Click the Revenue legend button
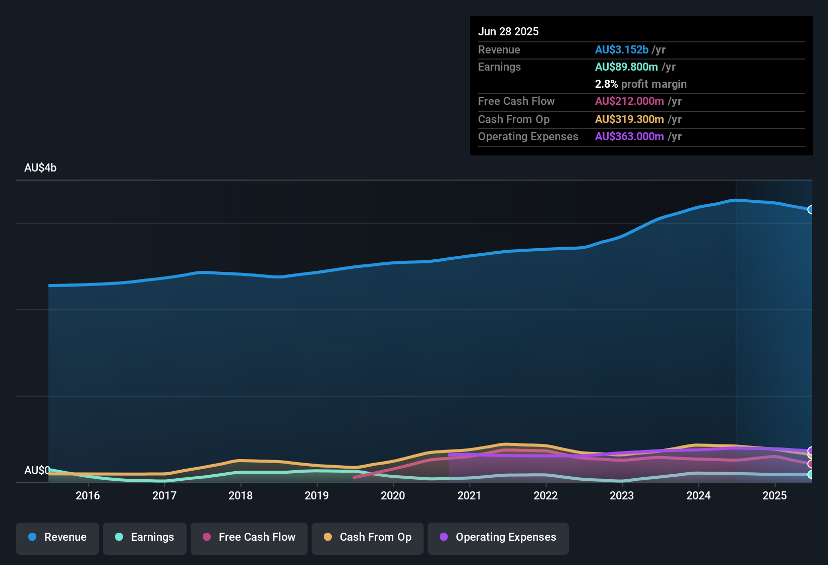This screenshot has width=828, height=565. pos(57,537)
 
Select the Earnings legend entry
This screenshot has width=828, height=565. pos(144,537)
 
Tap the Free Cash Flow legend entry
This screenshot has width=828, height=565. pos(249,537)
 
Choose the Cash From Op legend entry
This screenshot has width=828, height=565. pos(367,537)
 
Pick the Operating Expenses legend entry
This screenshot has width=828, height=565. pos(498,537)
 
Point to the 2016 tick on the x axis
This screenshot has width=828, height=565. pos(88,495)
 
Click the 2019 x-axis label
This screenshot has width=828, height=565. pos(317,495)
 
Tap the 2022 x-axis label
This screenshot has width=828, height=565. pos(546,495)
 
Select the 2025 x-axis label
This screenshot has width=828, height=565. pos(775,495)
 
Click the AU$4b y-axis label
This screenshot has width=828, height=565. pos(40,168)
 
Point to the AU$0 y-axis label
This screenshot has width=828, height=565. pos(37,470)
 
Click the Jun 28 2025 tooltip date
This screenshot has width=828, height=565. pos(508,32)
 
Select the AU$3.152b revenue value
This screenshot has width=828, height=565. pos(621,50)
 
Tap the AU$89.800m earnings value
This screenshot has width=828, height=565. pos(626,67)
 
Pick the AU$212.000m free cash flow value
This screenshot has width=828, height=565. pos(629,101)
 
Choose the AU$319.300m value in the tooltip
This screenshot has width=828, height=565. pos(629,120)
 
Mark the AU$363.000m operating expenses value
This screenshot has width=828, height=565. pos(629,137)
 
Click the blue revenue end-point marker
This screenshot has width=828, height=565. pos(810,209)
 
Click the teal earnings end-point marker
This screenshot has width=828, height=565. pos(810,475)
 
